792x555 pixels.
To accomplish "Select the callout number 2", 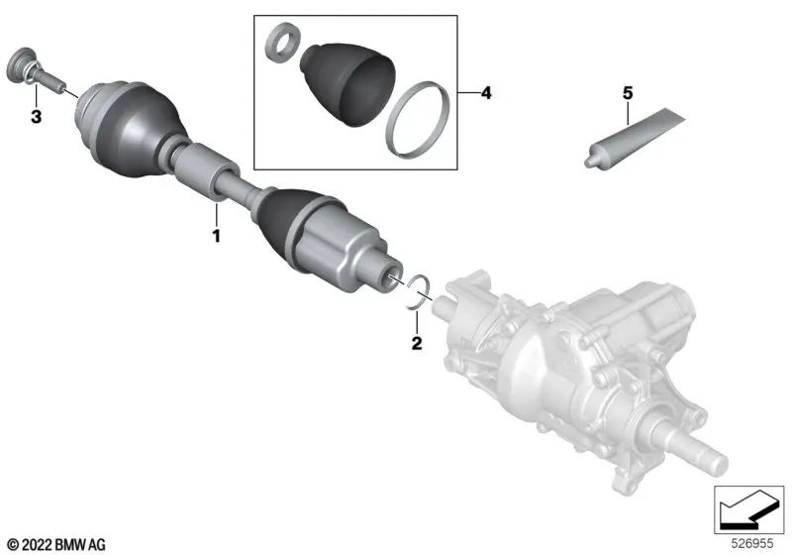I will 417,343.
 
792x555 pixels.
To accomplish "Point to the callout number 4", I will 485,93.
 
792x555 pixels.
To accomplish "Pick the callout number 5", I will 626,93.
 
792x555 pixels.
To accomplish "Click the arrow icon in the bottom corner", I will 745,510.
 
